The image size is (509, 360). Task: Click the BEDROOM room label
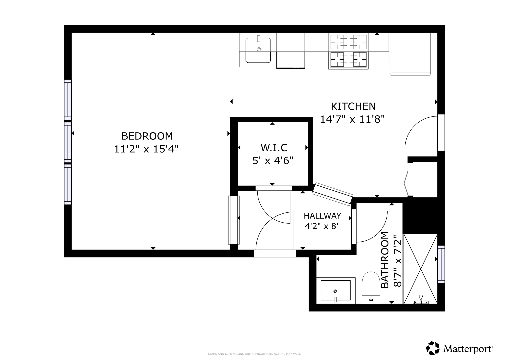pos(147,136)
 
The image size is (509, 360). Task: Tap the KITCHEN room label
pos(353,106)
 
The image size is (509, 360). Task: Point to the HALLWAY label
pos(322,216)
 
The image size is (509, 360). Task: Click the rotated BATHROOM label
pos(385,260)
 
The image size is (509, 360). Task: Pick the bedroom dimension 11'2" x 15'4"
pos(146,149)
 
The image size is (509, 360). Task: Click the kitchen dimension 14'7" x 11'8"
pos(352,119)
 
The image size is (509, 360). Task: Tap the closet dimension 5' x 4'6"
pos(273,161)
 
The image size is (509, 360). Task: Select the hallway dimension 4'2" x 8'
pos(322,226)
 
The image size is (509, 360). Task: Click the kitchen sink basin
pos(258,50)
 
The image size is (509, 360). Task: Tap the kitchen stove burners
pos(348,51)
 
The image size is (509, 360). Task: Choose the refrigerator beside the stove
pos(411,54)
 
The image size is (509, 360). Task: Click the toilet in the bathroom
pos(371,287)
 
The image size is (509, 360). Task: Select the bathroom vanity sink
pos(336,290)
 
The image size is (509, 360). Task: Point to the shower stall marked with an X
pos(420,269)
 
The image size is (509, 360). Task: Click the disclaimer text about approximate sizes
pos(255,354)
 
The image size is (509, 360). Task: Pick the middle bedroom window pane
pos(68,142)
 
